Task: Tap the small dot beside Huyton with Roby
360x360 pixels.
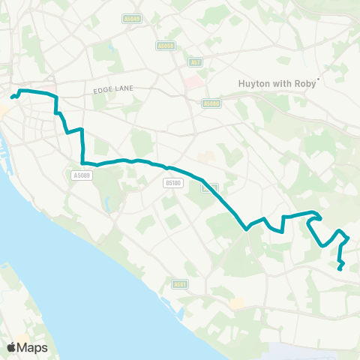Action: (x=319, y=78)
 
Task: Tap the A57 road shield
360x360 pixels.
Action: (x=196, y=62)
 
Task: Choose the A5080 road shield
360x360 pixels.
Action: (x=211, y=103)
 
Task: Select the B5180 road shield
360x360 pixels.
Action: (x=172, y=182)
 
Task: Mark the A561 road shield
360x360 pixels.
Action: (x=179, y=284)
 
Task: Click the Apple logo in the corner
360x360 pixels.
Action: (x=11, y=347)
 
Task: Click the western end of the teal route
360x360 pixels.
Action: (x=11, y=97)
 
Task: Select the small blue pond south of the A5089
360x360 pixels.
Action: (x=109, y=202)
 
